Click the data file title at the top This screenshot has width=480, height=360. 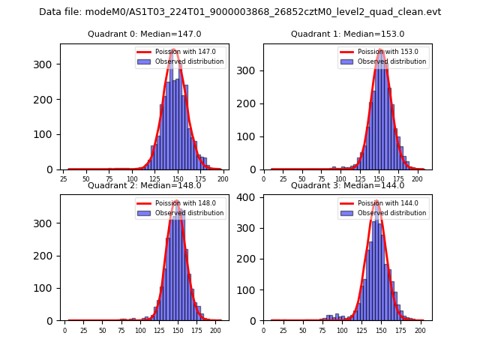point(240,12)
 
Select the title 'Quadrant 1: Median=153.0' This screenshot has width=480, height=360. point(347,34)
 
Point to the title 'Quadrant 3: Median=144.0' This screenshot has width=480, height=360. point(347,185)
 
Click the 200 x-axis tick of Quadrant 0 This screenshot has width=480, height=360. point(223,179)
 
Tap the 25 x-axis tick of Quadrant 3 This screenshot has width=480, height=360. point(283,331)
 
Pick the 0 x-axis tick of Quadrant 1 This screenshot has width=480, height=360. point(264,179)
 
